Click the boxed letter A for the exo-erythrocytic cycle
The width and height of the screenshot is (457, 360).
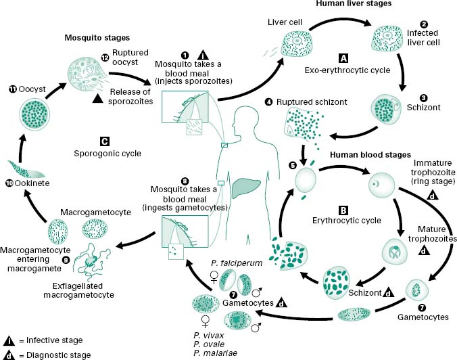coord(343,59)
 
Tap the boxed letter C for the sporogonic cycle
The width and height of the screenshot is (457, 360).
coord(104,142)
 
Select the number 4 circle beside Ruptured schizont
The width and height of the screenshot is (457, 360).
coord(269,102)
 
